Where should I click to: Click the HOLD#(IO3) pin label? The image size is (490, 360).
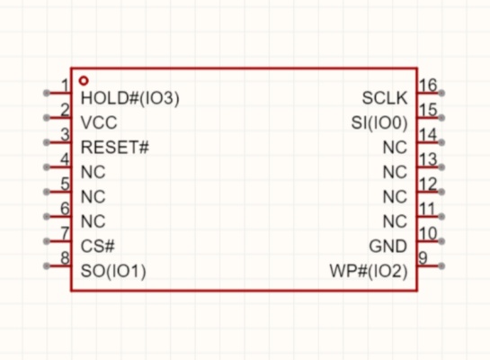click(130, 98)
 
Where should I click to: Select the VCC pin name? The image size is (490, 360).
click(99, 122)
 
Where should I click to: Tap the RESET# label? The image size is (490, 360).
click(115, 147)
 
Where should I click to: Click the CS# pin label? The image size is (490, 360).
click(97, 246)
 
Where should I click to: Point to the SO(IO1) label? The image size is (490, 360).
click(113, 271)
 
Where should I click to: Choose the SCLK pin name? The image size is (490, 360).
click(385, 98)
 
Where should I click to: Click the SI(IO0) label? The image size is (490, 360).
click(379, 122)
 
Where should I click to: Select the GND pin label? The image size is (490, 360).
click(388, 247)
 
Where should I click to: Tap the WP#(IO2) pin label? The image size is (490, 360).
click(369, 271)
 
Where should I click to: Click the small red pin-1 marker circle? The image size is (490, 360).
click(84, 81)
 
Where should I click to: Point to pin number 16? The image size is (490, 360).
click(428, 85)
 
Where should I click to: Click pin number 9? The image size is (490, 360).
click(423, 258)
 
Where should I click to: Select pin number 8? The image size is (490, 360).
click(65, 258)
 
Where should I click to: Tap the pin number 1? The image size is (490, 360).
click(65, 85)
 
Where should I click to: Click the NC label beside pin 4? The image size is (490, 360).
click(93, 172)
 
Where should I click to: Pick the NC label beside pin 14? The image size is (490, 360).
click(395, 147)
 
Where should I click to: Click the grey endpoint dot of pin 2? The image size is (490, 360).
click(46, 118)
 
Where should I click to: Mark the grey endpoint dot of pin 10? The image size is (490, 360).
click(441, 241)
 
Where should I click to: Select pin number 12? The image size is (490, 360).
click(428, 184)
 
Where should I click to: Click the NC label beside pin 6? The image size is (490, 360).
click(93, 221)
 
